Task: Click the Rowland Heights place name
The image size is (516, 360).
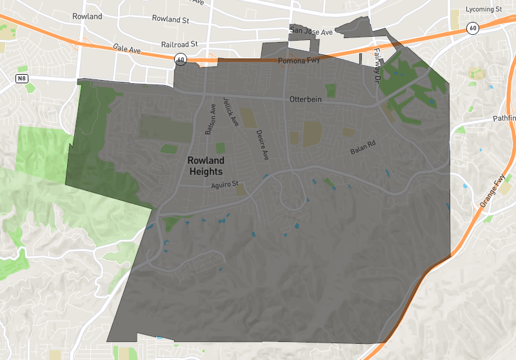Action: click(x=206, y=166)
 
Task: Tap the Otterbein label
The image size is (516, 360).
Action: click(x=306, y=99)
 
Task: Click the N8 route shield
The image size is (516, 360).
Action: click(x=23, y=79)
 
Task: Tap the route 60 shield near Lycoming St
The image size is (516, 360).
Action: click(x=473, y=28)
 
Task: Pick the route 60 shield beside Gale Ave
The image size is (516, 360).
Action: click(x=180, y=59)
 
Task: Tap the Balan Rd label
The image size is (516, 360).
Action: click(x=362, y=148)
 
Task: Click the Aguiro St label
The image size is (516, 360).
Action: click(x=226, y=186)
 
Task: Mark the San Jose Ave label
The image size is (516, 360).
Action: click(x=311, y=31)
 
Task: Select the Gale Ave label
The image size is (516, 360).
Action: click(x=126, y=48)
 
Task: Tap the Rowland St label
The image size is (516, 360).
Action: click(x=170, y=19)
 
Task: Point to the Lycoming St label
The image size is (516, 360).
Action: click(x=484, y=10)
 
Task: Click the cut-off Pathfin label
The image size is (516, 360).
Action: click(x=504, y=119)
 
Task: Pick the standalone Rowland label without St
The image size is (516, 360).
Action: click(x=87, y=16)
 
